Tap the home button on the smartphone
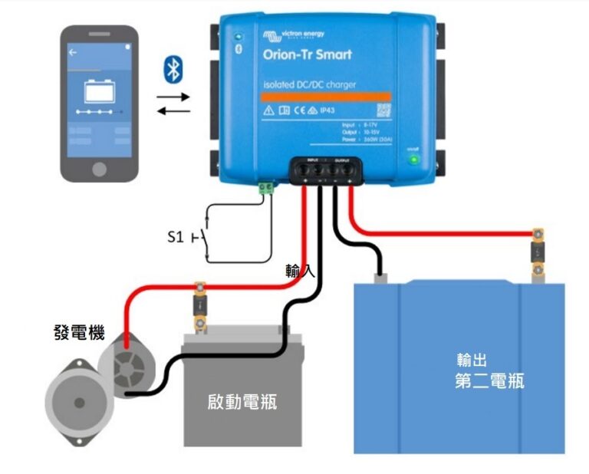(x=100, y=167)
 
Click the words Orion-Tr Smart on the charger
(x=307, y=54)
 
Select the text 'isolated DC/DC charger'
(x=309, y=84)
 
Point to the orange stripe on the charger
(x=326, y=97)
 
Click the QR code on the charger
(x=383, y=110)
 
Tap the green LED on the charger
(x=413, y=160)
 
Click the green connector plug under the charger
(x=266, y=186)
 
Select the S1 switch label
(x=176, y=237)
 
